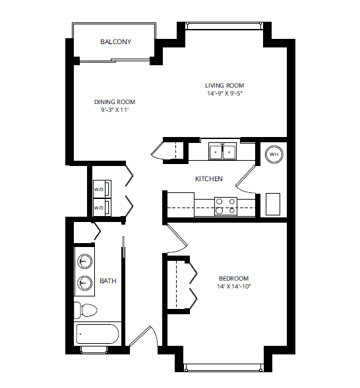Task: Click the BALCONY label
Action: tap(115, 42)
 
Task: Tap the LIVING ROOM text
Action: tap(224, 86)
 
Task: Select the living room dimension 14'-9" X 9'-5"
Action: tap(224, 94)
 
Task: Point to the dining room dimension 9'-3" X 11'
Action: tap(114, 110)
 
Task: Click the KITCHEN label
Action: tap(208, 179)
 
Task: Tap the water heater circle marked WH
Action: tap(274, 155)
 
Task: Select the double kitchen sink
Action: tap(223, 152)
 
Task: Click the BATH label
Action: tap(107, 281)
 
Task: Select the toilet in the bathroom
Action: tap(86, 309)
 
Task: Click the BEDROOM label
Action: tap(234, 279)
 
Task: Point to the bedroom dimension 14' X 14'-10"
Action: tap(234, 287)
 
